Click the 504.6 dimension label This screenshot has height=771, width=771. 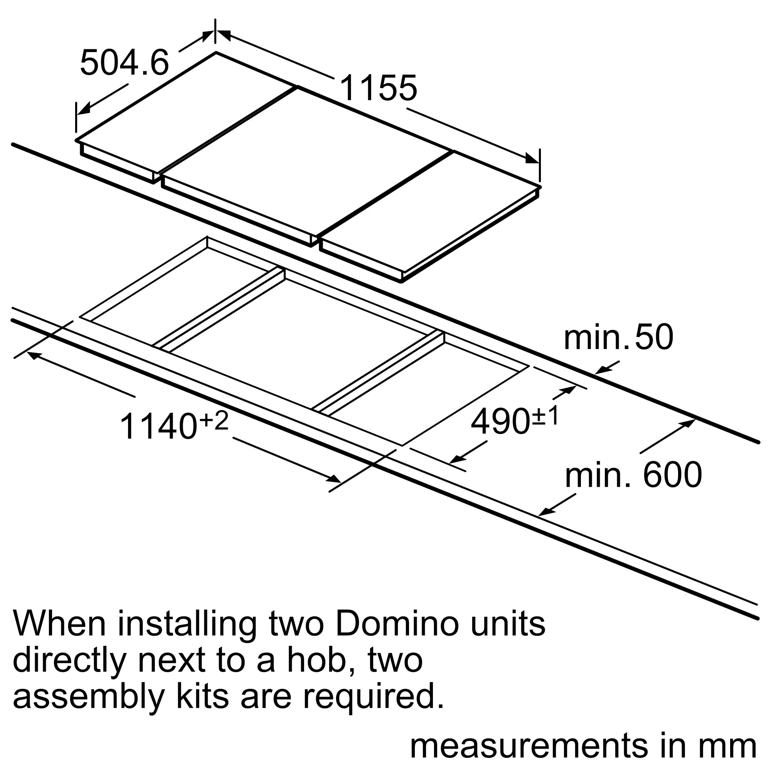click(x=125, y=63)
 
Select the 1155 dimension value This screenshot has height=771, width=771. click(x=378, y=88)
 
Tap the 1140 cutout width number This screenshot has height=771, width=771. click(x=159, y=427)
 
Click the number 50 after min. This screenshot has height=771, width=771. click(x=654, y=337)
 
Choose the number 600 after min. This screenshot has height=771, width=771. click(x=673, y=475)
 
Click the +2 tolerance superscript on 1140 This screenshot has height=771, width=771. click(x=214, y=421)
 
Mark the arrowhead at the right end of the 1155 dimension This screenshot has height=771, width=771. click(x=532, y=158)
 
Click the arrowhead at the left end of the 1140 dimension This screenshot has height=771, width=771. click(x=34, y=355)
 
